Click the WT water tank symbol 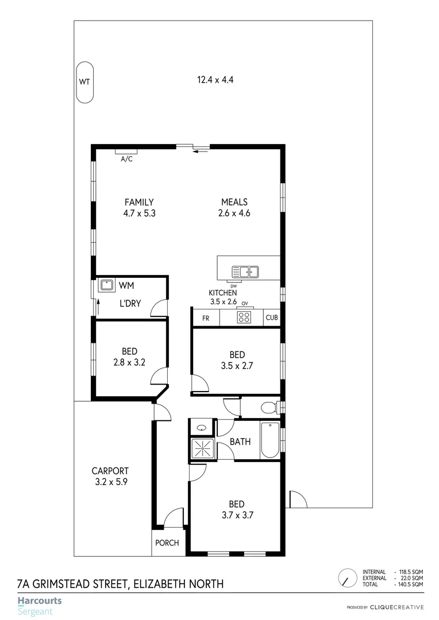[x=84, y=82]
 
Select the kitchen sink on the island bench [x=245, y=272]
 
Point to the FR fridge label [x=205, y=318]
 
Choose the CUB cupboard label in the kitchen [x=271, y=318]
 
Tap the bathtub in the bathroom [x=269, y=441]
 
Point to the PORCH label [x=168, y=543]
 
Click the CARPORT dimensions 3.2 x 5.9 [x=111, y=482]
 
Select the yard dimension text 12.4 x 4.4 [x=215, y=80]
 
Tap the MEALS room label [x=234, y=202]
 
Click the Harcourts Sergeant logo [x=39, y=606]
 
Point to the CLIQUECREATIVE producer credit [x=396, y=607]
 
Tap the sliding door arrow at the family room [x=201, y=152]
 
